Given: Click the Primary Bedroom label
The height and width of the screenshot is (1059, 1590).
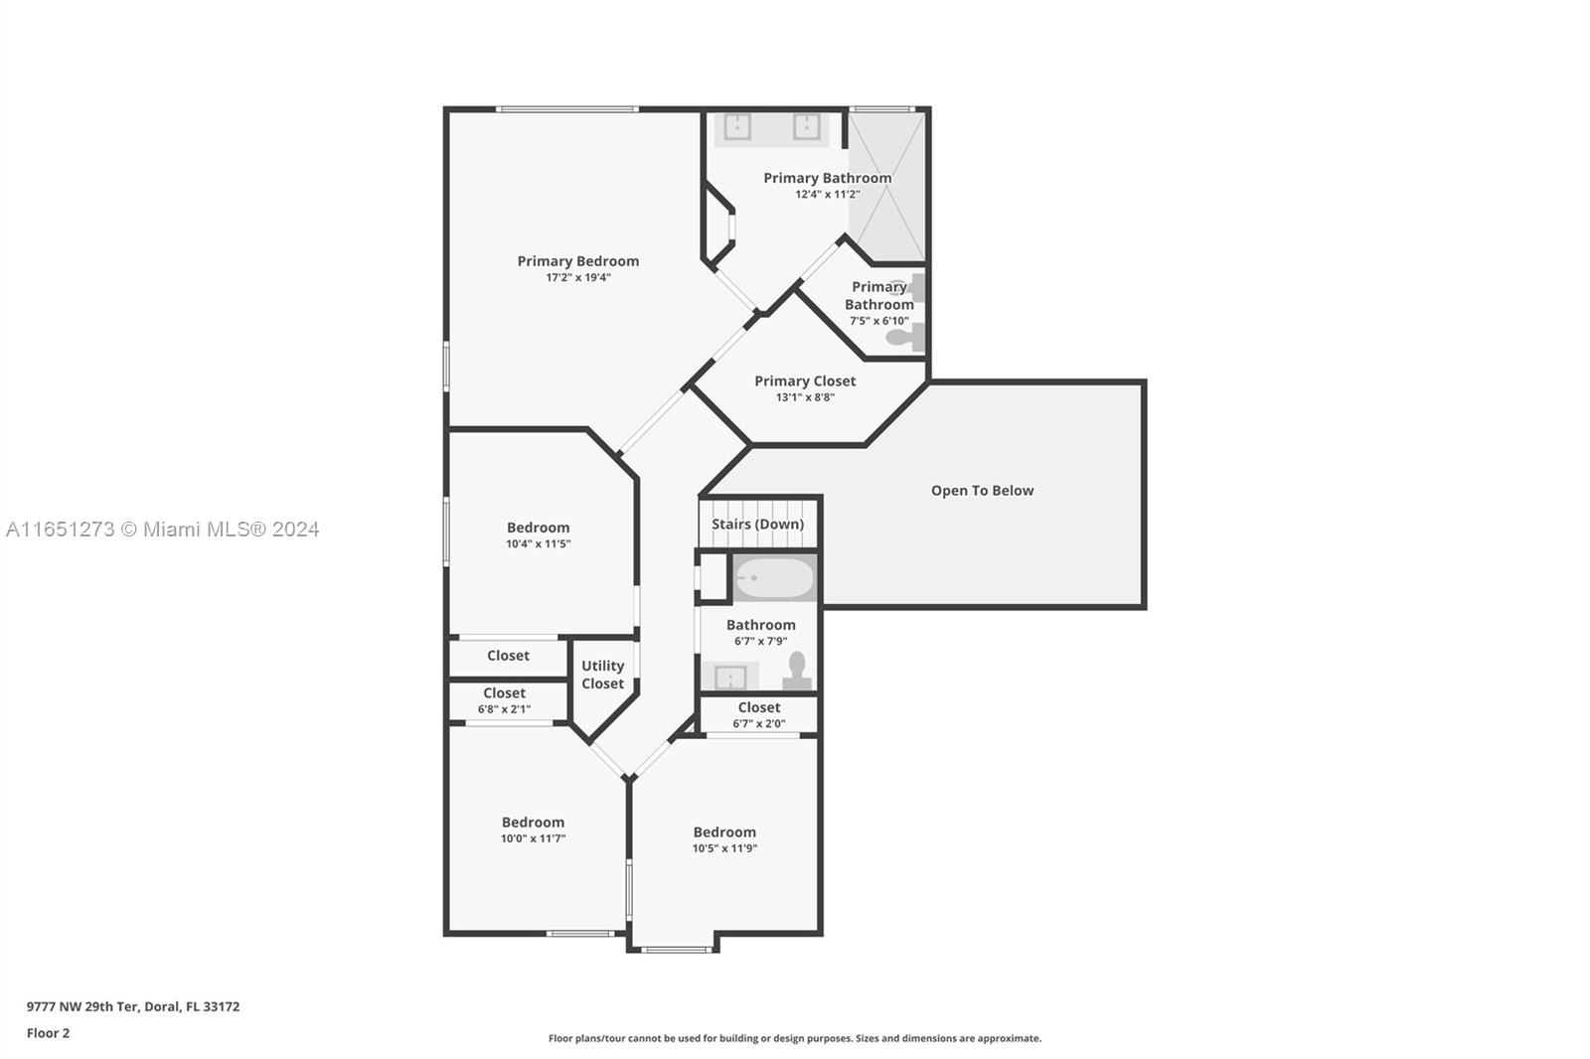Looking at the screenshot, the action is click(x=577, y=261).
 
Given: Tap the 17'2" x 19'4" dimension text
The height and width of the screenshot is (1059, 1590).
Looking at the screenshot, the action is click(x=577, y=277).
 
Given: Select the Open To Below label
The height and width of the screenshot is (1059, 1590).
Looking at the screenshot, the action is click(x=983, y=491).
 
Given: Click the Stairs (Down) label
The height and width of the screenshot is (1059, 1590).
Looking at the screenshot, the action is click(x=757, y=524).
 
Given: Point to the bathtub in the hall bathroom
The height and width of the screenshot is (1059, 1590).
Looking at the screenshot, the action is click(x=774, y=578).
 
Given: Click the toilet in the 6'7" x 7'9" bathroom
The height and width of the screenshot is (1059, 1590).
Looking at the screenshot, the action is click(x=797, y=670).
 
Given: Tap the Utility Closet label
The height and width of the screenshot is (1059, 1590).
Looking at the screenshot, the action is click(x=602, y=675).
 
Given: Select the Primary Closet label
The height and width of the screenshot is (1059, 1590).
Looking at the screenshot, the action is click(x=805, y=381).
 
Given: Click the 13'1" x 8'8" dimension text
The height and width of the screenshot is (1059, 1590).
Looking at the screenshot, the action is click(x=805, y=397).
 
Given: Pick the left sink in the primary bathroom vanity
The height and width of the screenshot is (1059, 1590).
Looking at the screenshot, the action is click(x=737, y=128).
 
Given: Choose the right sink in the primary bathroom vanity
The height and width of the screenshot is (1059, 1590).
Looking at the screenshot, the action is click(x=806, y=128).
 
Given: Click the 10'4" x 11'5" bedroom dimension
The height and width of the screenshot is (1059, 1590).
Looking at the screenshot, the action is click(x=538, y=543).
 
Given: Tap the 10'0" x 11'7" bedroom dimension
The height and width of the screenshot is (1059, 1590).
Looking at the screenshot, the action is click(x=533, y=838).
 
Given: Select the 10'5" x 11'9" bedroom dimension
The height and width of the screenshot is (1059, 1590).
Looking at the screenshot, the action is click(x=724, y=848).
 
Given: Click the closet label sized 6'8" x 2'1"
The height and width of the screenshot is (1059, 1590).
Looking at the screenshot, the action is click(x=504, y=692).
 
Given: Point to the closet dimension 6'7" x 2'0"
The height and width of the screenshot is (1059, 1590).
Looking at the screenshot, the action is click(x=759, y=724).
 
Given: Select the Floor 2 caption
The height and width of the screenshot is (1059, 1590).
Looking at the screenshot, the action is click(x=49, y=1033).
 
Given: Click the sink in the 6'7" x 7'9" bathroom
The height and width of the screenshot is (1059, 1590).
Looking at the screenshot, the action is click(x=730, y=678).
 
